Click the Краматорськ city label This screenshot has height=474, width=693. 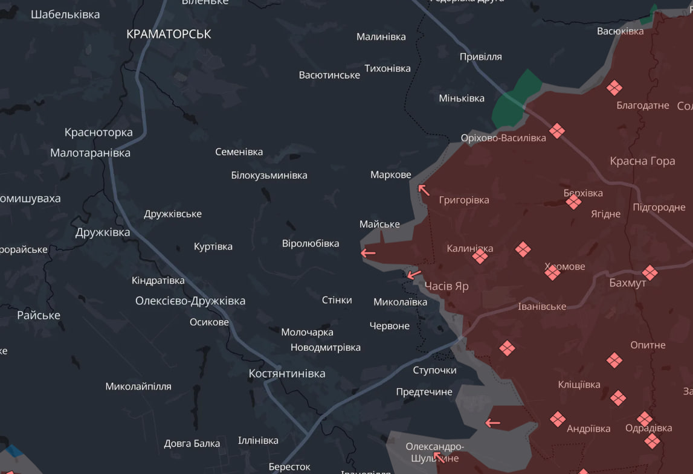169,34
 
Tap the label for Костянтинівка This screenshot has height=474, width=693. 287,374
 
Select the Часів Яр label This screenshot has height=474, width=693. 446,286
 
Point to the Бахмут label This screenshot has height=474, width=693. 628,283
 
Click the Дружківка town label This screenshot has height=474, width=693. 103,232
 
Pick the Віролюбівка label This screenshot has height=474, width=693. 311,243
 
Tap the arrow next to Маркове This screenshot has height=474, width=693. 424,190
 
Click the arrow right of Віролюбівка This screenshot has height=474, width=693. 368,253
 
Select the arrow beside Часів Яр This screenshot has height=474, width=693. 414,275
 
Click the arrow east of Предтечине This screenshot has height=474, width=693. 493,423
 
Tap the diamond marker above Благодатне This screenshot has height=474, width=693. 614,88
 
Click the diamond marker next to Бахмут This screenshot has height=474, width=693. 650,272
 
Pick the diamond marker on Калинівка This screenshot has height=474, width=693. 480,257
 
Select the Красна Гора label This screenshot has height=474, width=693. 642,161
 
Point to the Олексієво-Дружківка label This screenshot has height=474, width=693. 190,301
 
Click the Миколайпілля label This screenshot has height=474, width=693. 138,386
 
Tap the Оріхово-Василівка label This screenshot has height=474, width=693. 503,138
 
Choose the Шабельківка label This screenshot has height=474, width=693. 65,14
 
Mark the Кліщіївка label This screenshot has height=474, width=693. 579,385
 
